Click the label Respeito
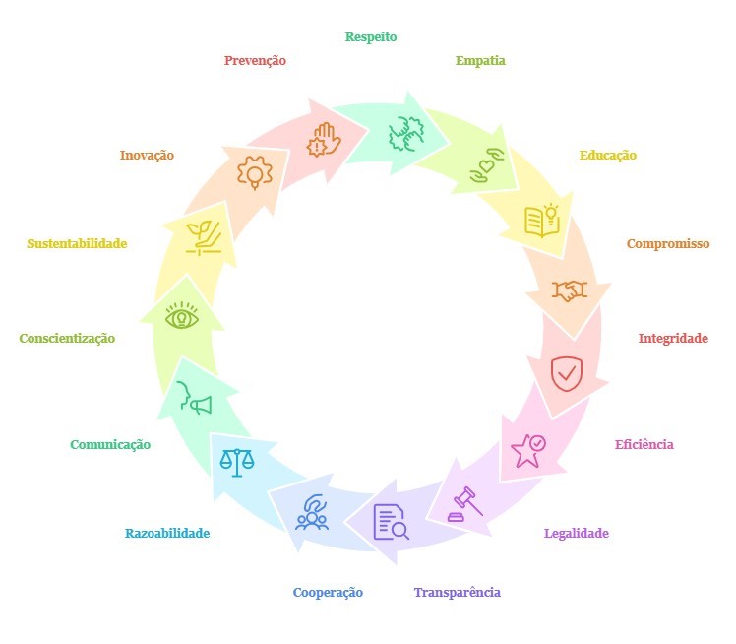point(371,37)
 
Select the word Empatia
point(480,61)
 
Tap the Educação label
point(607,156)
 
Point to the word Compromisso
point(668,244)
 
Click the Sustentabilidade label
point(77,244)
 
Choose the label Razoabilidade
point(167,534)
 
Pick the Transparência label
point(457,593)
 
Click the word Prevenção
point(255,61)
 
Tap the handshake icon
point(569,290)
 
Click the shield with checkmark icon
point(566,373)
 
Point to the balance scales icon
point(236,460)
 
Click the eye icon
point(182,318)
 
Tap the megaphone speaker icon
point(194,398)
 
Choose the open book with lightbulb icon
point(542,220)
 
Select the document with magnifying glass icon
point(390,521)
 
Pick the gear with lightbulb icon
point(255,172)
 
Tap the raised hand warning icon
point(324,141)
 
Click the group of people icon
point(312,513)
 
